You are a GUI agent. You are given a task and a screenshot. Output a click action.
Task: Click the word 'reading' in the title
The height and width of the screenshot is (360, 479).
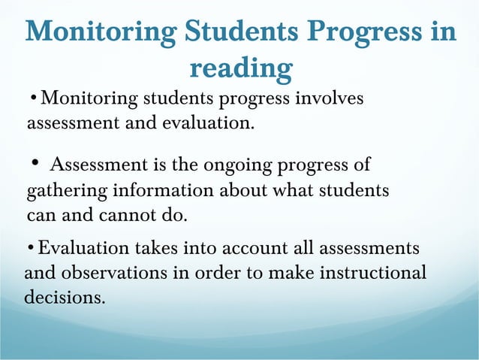(x=240, y=69)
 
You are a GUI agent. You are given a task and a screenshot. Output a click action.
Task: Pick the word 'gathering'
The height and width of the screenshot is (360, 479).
(x=65, y=190)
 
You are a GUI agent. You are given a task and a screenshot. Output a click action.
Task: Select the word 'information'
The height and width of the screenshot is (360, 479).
(x=169, y=190)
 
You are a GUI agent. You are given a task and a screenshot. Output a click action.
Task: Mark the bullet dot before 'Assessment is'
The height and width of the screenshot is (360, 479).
(x=35, y=162)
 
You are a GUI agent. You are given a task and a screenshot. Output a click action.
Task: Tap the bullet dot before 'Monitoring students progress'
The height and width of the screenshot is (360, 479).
(x=34, y=98)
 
